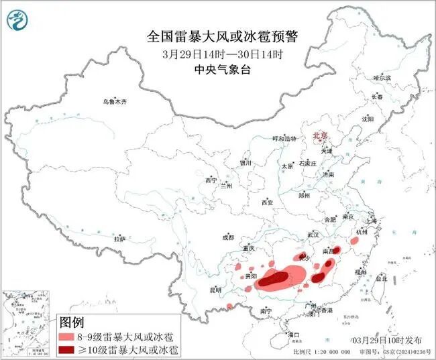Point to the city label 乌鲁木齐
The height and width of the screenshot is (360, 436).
(115, 102)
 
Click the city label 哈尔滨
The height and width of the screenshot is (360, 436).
(381, 78)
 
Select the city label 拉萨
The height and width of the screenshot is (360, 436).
(119, 239)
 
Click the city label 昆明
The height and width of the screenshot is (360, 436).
(215, 290)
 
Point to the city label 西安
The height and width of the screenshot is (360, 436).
(268, 202)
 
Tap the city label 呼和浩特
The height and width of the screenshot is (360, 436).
(283, 138)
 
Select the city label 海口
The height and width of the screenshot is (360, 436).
(292, 333)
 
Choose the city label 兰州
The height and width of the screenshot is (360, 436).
(226, 186)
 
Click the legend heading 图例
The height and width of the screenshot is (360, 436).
(74, 322)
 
